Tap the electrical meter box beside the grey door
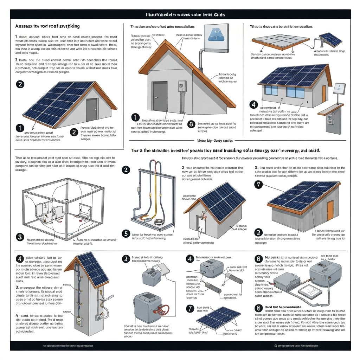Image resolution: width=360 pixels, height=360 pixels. point(182,86)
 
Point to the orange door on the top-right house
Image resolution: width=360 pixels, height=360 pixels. point(324,94)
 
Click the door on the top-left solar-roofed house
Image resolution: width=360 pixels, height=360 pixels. point(92,109)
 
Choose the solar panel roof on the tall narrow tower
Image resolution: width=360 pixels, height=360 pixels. point(88,269)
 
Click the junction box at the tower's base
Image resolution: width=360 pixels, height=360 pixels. point(79,321)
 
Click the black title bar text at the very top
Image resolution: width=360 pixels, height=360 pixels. point(180,14)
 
